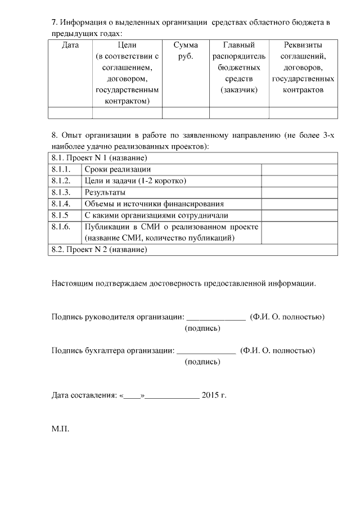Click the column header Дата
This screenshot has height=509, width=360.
[70, 44]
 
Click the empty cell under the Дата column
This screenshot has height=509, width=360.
[70, 112]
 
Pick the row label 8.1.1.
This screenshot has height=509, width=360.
[60, 169]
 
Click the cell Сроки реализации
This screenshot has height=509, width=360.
[117, 169]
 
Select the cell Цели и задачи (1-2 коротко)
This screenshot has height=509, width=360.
[135, 181]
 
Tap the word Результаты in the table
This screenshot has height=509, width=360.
[105, 192]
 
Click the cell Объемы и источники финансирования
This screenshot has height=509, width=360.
[154, 204]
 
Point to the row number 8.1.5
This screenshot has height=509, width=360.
[59, 215]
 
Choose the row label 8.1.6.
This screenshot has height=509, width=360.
[60, 227]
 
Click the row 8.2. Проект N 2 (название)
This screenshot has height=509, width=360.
[99, 250]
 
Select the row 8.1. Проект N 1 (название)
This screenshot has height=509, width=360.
[99, 157]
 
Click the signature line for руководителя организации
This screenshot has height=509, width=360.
[215, 318]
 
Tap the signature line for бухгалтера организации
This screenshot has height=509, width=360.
[206, 352]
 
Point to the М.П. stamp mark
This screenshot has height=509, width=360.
[60, 429]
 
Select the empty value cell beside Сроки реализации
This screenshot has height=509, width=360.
[299, 169]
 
